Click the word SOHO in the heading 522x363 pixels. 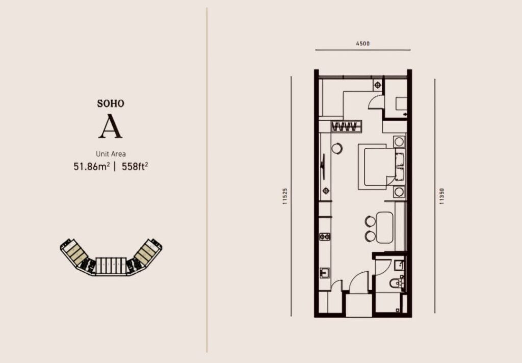click(x=111, y=103)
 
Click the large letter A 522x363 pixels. click(x=111, y=126)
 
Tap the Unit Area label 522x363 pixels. click(x=111, y=154)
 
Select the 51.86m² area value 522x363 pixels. click(x=92, y=166)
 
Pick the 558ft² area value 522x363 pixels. click(x=135, y=166)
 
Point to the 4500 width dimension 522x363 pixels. click(x=362, y=43)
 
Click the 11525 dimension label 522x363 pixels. click(x=285, y=196)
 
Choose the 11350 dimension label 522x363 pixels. click(x=442, y=196)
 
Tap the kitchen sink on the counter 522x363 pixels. click(x=324, y=273)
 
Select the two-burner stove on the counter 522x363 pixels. click(x=325, y=237)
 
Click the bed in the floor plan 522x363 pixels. click(x=382, y=167)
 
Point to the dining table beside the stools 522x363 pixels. click(x=384, y=227)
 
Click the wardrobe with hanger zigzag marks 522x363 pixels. click(x=346, y=126)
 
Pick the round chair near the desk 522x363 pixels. click(x=337, y=148)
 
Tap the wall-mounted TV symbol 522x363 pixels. click(x=323, y=167)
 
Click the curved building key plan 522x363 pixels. click(x=111, y=257)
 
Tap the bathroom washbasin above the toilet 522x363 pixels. click(x=399, y=265)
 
